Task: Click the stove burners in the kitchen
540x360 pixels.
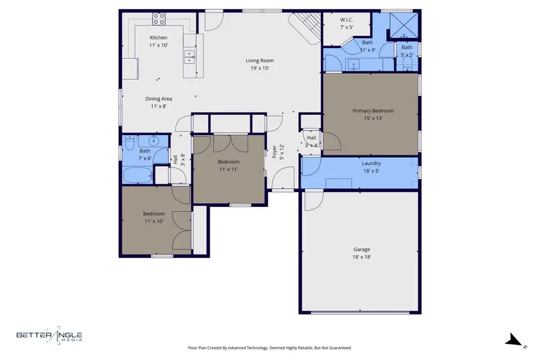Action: tap(159, 19)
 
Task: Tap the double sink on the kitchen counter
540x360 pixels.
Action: tap(189, 58)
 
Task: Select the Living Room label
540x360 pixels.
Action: tap(260, 60)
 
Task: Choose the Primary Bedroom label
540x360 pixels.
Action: tap(373, 110)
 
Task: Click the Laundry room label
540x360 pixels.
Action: tap(371, 163)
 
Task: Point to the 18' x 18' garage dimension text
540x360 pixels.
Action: tap(361, 257)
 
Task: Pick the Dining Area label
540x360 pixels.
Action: tap(158, 98)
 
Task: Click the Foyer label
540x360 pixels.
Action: tap(275, 151)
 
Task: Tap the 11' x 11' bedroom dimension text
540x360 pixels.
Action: tap(228, 169)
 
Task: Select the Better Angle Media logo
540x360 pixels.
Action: tap(49, 337)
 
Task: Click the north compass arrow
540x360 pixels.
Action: tap(514, 341)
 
